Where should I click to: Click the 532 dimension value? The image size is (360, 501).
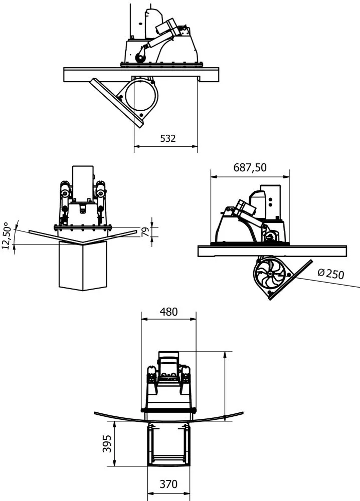pos(167,139)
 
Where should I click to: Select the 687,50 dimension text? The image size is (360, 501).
pos(250,168)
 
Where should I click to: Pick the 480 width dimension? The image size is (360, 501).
pos(168,312)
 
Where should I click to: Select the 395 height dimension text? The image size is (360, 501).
pos(107,444)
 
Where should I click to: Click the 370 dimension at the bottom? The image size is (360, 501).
pos(168,484)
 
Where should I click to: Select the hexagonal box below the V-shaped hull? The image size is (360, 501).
pos(83,266)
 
